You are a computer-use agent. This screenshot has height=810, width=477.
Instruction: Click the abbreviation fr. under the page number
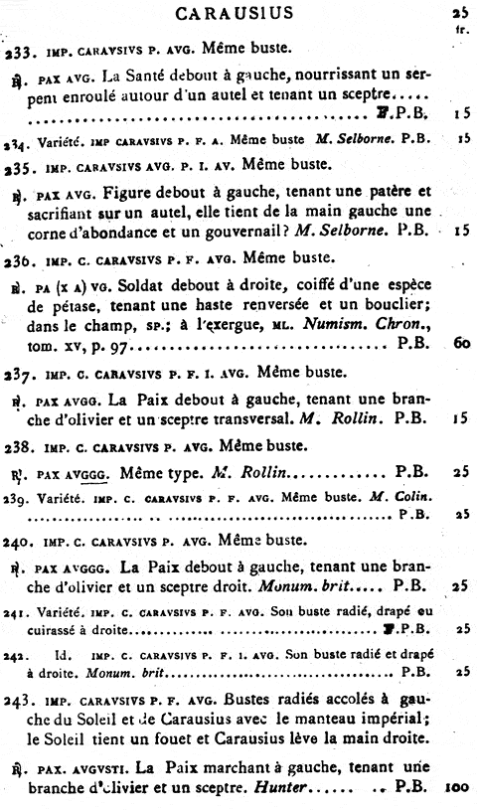point(460,28)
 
